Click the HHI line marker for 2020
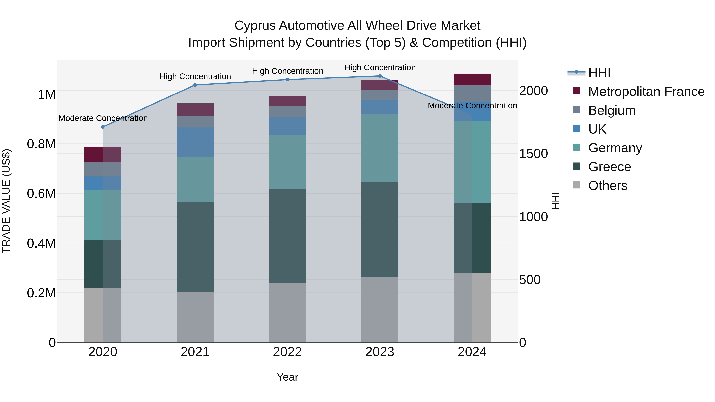103,127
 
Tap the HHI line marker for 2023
380,76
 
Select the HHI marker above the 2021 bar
195,85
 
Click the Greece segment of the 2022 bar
288,236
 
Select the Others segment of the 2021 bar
195,317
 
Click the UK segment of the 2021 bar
195,142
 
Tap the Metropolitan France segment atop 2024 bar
472,79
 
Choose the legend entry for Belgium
612,110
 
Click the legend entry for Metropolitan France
646,92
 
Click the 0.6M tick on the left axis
41,194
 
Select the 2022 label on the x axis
288,352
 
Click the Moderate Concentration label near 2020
103,118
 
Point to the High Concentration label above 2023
380,67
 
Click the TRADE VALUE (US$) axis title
6,201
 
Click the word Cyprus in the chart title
255,26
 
